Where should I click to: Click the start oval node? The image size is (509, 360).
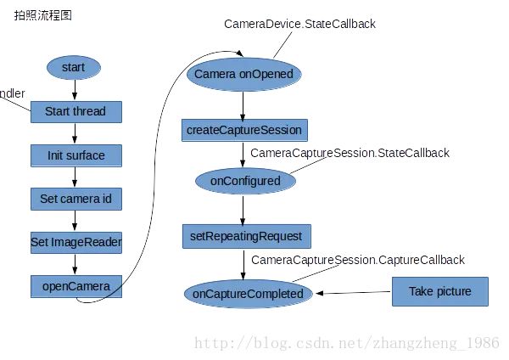click(x=75, y=67)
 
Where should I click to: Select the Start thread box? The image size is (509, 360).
click(x=76, y=111)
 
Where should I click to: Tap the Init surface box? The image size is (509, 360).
click(x=76, y=155)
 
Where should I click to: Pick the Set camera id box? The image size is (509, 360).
click(x=76, y=200)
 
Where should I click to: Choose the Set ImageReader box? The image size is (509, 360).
click(x=76, y=242)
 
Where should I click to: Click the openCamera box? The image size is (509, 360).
click(x=76, y=286)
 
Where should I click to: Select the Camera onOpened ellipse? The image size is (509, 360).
click(x=243, y=74)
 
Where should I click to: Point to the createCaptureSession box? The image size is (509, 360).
click(x=243, y=130)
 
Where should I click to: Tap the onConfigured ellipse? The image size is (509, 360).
click(x=243, y=180)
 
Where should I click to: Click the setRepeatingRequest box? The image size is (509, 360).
click(x=243, y=235)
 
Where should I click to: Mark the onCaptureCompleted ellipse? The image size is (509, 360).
click(x=248, y=294)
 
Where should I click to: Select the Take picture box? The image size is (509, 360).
click(x=439, y=291)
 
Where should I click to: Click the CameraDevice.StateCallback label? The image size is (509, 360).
click(x=299, y=25)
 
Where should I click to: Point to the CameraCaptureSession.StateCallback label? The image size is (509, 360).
click(x=350, y=153)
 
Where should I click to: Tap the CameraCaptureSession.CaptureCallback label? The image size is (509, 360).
click(x=357, y=260)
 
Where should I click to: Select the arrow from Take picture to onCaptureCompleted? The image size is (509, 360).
click(x=354, y=293)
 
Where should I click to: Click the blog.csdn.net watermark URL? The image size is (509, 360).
click(x=346, y=343)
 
